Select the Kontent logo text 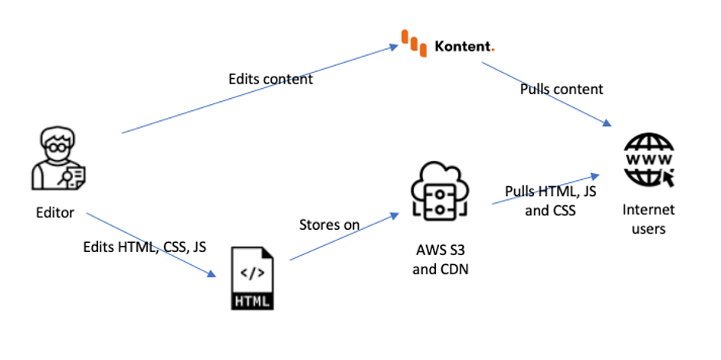(x=463, y=46)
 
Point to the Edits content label (x=270, y=79)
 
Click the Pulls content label (x=562, y=89)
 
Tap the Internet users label (x=648, y=218)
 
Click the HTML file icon (x=252, y=277)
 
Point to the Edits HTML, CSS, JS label (x=145, y=247)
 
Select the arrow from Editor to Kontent (x=261, y=90)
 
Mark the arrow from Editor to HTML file (x=149, y=243)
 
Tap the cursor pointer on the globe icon (x=666, y=178)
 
